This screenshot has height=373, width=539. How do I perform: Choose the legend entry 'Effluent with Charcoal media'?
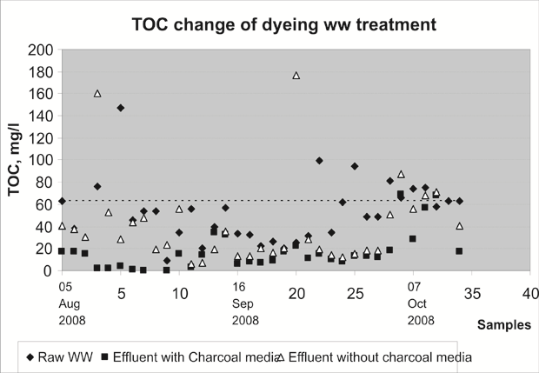(190, 356)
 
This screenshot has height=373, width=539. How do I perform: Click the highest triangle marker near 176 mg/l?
(296, 76)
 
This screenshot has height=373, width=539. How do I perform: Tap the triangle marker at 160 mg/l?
(97, 93)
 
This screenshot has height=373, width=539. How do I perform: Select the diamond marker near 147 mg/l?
(121, 108)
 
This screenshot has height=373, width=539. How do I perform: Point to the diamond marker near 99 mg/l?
(319, 161)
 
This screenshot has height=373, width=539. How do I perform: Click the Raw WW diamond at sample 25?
(355, 166)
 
